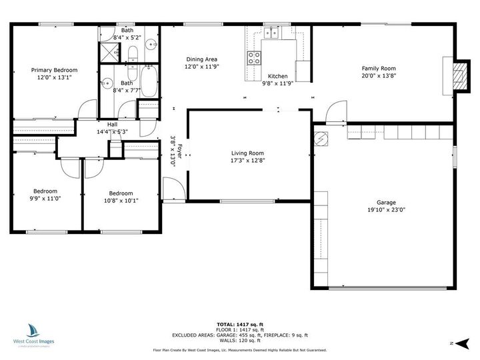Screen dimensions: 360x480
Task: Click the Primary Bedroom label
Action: (55, 70)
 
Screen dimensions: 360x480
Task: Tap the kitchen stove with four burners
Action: (255, 58)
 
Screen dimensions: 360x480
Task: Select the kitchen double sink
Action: (273, 33)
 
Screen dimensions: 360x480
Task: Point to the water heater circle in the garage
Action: (321, 139)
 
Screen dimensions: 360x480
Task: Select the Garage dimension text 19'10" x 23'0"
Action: (386, 209)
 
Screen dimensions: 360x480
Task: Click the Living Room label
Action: (247, 153)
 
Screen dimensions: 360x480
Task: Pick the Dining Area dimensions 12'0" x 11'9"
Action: (202, 67)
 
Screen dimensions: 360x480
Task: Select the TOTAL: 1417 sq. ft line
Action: (240, 324)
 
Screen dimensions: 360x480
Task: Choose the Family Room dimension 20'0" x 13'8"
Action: (379, 75)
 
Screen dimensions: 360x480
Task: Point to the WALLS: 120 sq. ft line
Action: (240, 340)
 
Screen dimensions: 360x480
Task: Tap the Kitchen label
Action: (277, 77)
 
